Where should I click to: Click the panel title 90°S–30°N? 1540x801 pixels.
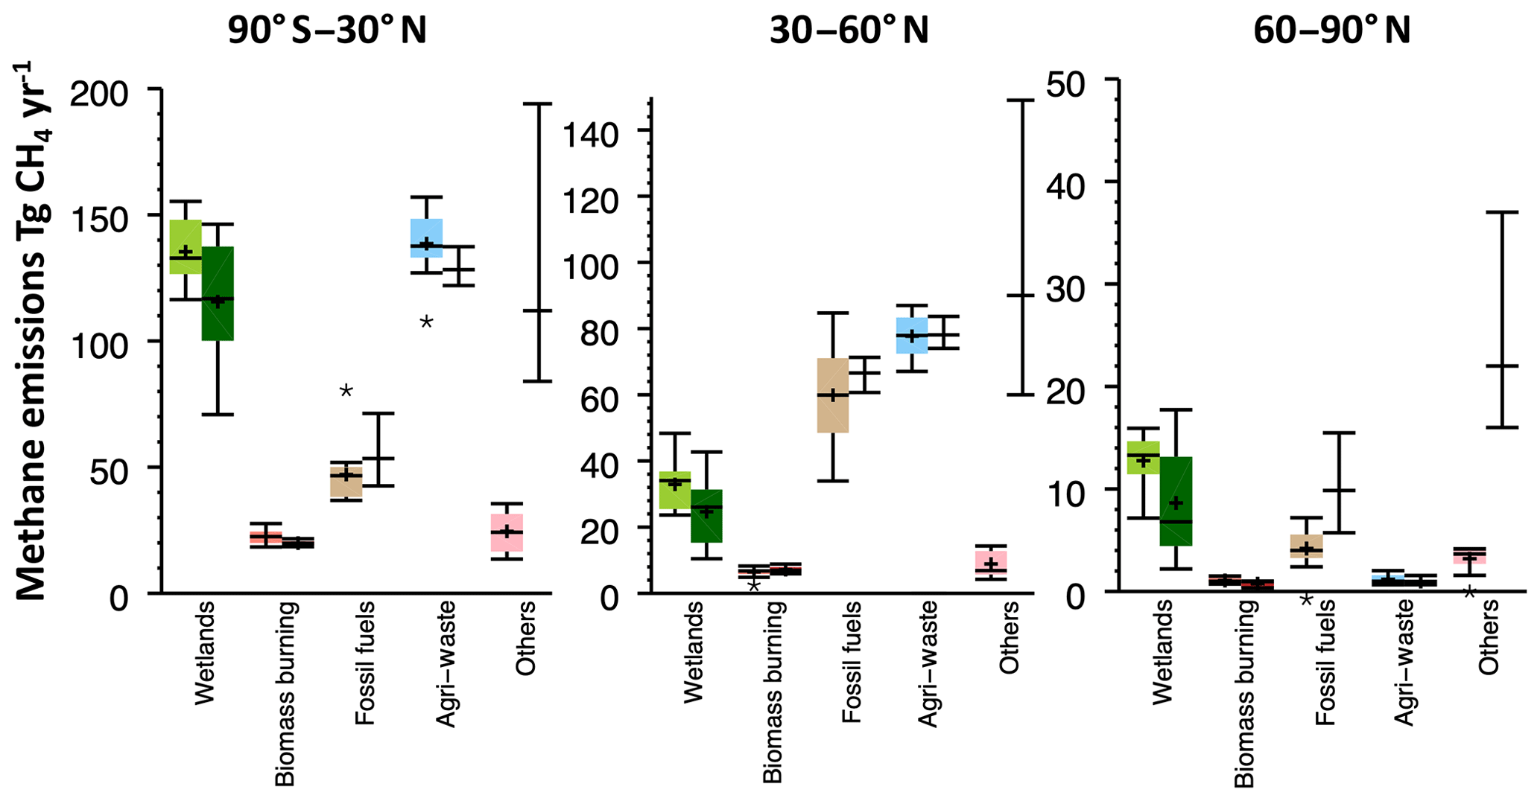click(x=327, y=31)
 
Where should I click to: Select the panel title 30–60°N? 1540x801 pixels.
click(x=849, y=31)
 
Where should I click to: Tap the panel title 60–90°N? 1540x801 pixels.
click(x=1332, y=31)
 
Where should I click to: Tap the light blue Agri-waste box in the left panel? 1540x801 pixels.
click(x=427, y=237)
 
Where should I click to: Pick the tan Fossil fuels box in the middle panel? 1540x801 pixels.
click(x=833, y=395)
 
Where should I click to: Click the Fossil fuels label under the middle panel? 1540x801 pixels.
click(x=851, y=663)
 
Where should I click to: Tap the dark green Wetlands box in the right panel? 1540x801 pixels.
click(x=1176, y=500)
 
